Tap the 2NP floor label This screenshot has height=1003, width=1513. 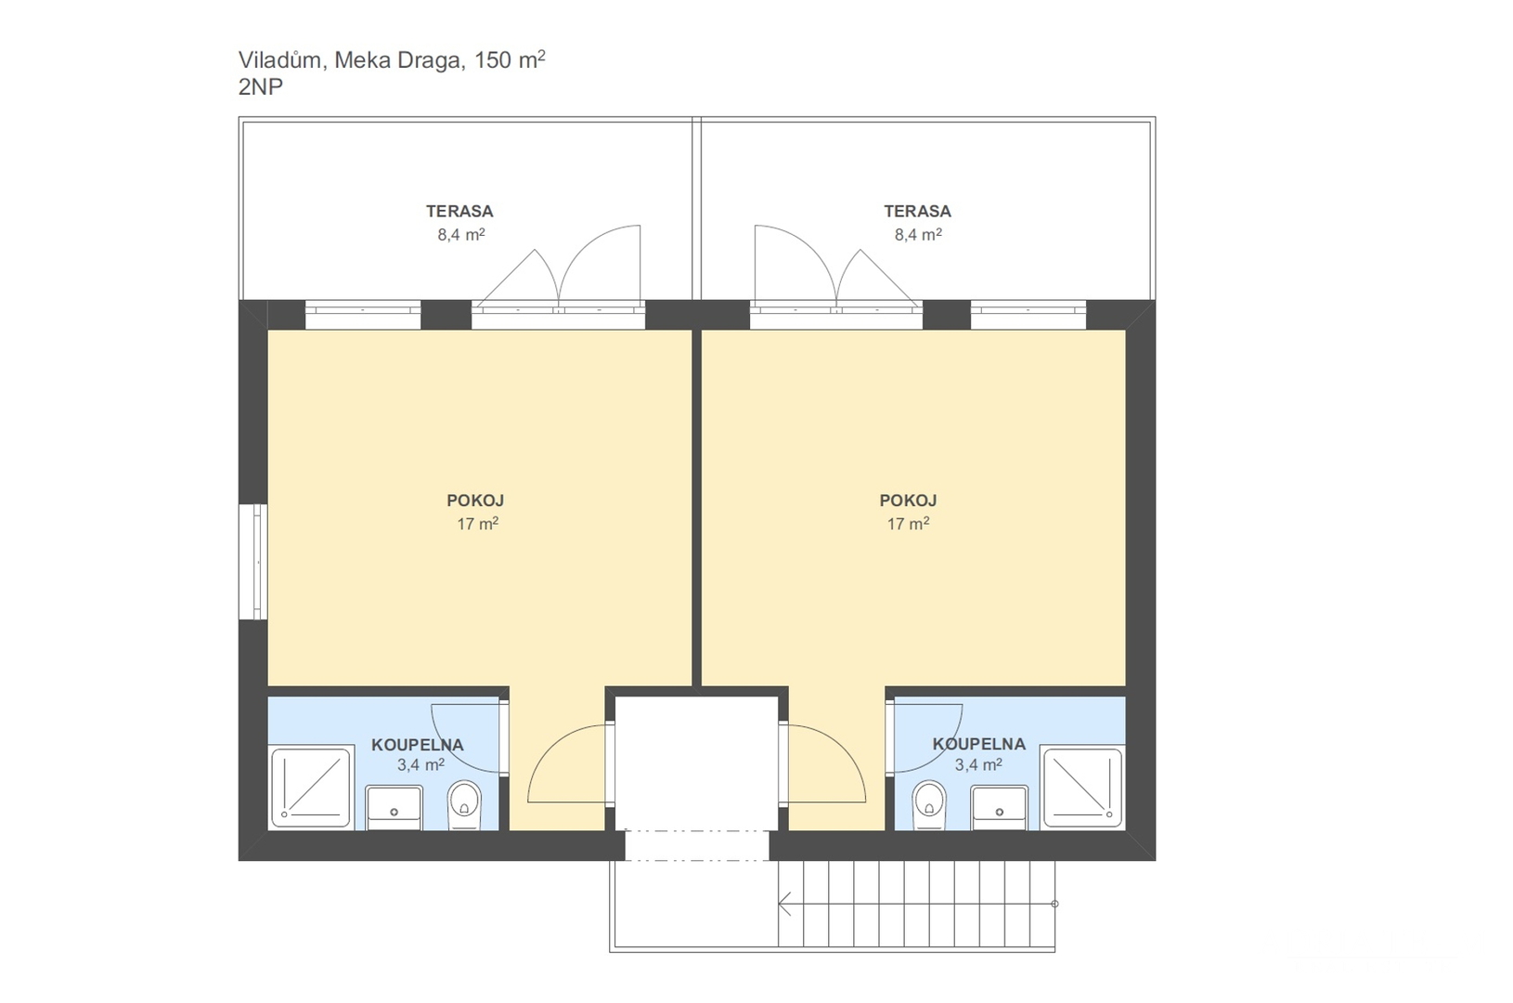pos(261,87)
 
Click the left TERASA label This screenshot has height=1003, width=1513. pos(459,211)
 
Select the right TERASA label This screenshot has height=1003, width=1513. pos(917,211)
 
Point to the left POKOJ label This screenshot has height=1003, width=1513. pos(475,501)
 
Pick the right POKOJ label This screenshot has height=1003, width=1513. pos(908,501)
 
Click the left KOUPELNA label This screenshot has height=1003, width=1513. pos(417,745)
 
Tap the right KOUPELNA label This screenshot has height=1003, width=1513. pos(978,744)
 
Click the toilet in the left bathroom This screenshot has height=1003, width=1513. pos(464,803)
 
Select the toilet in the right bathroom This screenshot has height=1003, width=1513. pos(929,803)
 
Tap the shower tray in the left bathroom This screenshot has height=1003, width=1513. pos(311,788)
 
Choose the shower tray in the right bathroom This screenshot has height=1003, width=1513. pos(1082,788)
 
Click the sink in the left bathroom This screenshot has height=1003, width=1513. pos(394,807)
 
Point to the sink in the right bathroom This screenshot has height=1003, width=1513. pos(1000,807)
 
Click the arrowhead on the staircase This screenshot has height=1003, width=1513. pos(784,903)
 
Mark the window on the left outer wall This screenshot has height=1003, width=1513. pos(253,561)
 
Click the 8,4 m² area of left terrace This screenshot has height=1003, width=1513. pos(460,235)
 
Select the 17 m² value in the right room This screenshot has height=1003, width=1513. pos(908,524)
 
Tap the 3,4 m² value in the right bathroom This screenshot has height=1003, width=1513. pos(978,765)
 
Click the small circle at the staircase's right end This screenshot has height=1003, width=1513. pos(1054,904)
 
